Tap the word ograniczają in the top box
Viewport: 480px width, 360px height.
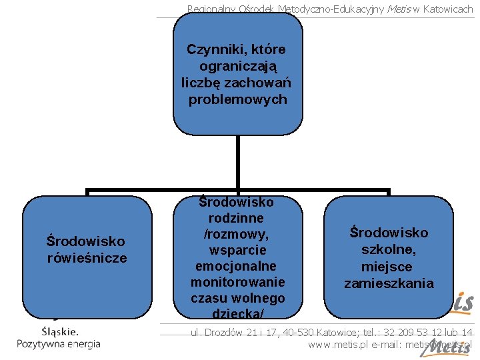click(237, 67)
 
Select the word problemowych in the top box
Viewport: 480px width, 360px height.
click(237, 99)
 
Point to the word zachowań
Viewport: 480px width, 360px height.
click(263, 83)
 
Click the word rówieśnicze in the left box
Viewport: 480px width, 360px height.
click(87, 258)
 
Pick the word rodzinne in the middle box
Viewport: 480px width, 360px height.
click(237, 218)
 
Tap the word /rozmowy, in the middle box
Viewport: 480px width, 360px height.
click(237, 234)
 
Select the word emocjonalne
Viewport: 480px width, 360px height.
click(237, 266)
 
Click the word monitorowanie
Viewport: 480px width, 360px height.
click(237, 282)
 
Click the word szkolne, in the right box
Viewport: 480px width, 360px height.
click(389, 250)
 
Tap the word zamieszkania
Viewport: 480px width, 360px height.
click(389, 283)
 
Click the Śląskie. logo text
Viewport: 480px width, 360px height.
click(60, 331)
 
